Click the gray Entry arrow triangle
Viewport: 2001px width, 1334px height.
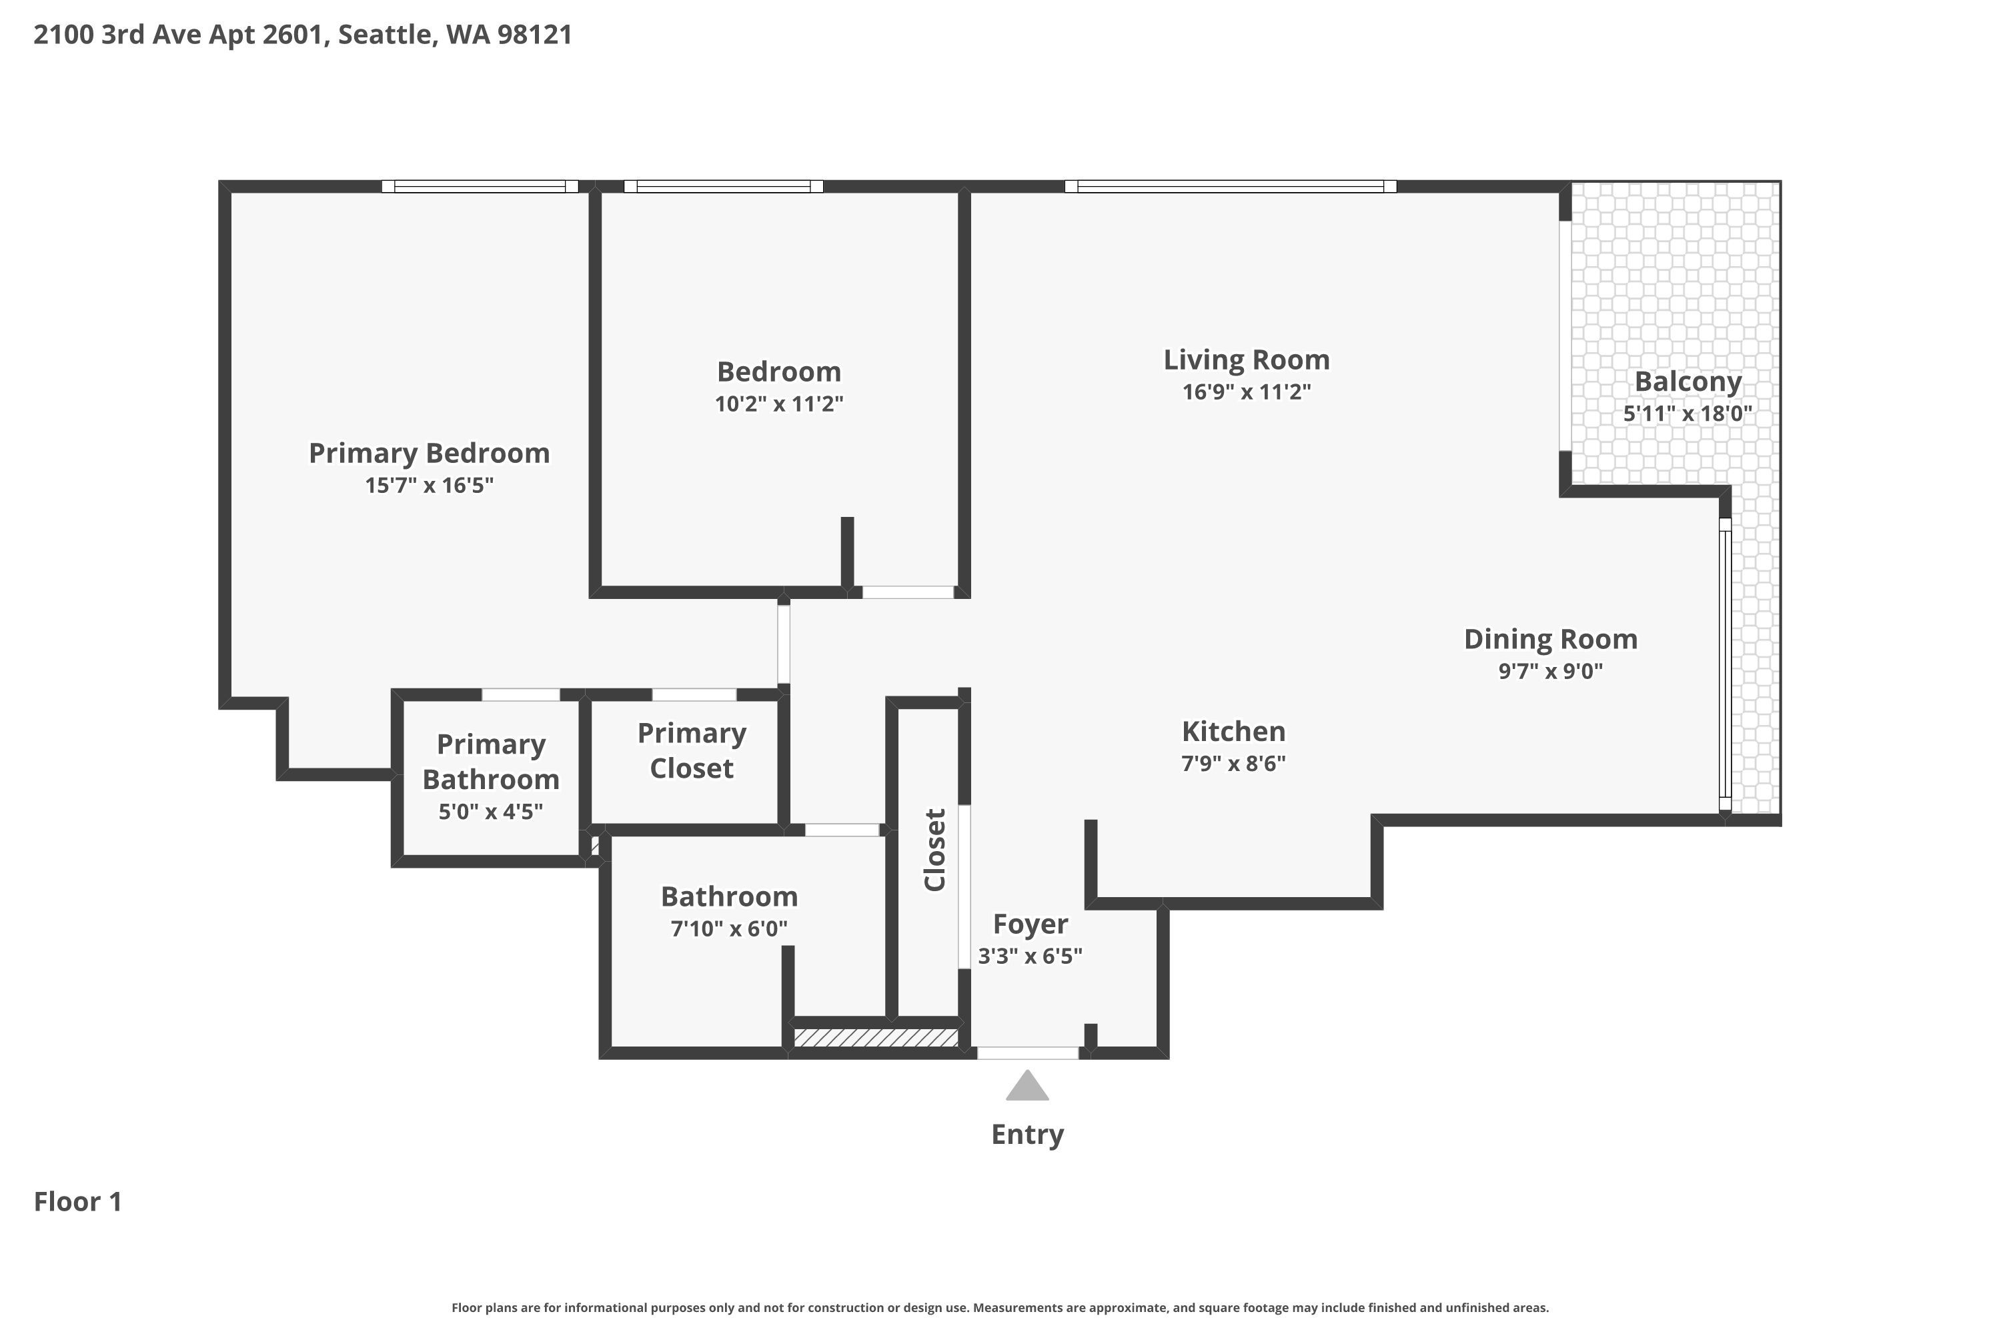coord(1027,1087)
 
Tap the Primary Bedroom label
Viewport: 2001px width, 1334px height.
coord(429,454)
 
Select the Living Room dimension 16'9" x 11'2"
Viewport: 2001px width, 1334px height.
coord(1247,392)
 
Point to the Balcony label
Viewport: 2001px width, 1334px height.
coord(1688,382)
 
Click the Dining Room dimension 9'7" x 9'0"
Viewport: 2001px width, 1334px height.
coord(1550,671)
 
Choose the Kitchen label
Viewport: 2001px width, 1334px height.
coord(1233,732)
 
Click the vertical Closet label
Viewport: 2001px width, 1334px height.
coord(935,850)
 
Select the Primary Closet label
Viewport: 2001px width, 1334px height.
coord(692,750)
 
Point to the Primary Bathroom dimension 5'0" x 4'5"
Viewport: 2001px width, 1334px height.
coord(491,812)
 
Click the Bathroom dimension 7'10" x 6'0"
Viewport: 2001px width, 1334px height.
coord(729,928)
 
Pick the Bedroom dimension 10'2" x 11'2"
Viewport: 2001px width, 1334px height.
coord(778,404)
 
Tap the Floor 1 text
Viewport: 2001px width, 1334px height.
coord(78,1201)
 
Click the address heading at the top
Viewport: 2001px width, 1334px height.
coord(303,35)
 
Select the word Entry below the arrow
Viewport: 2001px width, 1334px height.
coord(1028,1135)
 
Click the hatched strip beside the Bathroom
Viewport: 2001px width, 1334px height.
coord(876,1038)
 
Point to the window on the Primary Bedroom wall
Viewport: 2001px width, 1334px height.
coord(480,186)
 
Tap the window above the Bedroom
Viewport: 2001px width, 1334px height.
coord(723,186)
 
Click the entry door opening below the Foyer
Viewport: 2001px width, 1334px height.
coord(1028,1053)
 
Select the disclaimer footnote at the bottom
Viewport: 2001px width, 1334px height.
coord(1000,1307)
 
